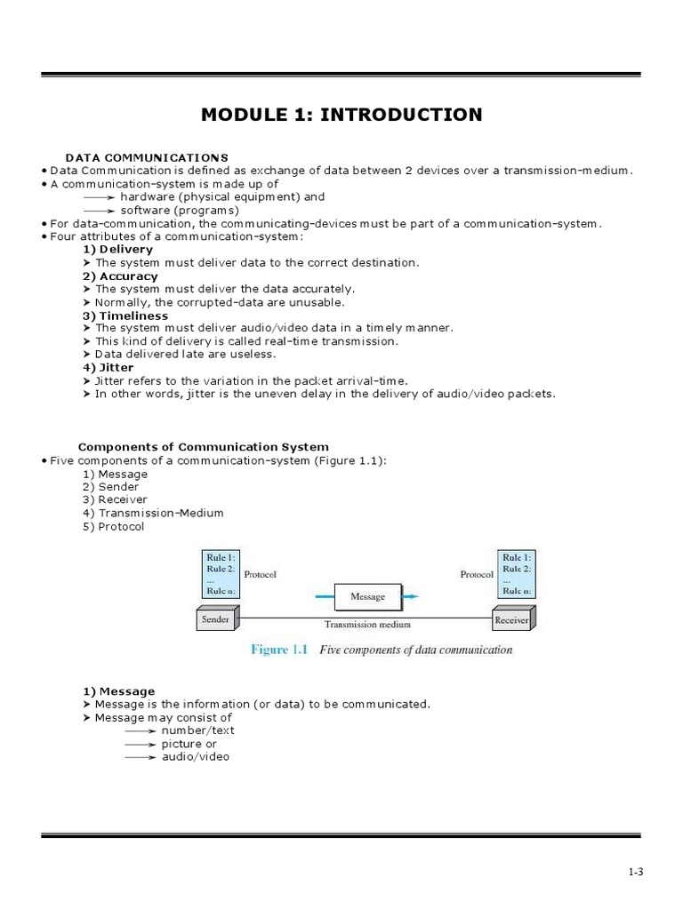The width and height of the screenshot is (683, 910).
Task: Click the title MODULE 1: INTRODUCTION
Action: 341,115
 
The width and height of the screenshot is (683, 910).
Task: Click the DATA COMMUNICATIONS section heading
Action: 147,157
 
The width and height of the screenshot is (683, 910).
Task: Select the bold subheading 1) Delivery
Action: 117,250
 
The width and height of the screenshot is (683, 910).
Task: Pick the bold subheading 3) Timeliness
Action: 125,315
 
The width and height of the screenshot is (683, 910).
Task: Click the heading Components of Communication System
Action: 203,447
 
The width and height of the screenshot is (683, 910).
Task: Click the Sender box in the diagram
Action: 215,619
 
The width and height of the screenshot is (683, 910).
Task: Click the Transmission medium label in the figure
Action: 367,625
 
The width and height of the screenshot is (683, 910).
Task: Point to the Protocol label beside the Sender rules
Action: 260,574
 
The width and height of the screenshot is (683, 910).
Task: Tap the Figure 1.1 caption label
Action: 278,650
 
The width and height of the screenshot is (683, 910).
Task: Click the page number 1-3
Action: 634,872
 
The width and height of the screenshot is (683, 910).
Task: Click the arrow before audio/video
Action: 141,757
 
